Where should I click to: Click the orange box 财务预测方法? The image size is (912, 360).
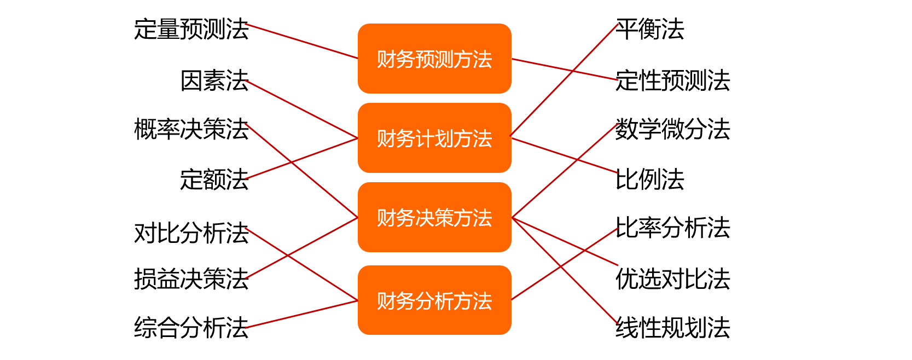tap(434, 59)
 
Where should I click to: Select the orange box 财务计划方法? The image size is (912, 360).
tap(434, 138)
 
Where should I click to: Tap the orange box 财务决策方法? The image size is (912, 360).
tap(434, 217)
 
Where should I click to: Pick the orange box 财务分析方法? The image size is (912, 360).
tap(434, 300)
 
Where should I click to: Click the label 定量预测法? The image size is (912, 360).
tap(191, 29)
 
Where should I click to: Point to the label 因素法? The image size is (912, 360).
tap(214, 80)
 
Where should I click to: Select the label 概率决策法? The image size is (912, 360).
tap(191, 129)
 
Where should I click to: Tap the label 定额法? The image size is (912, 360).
tap(214, 179)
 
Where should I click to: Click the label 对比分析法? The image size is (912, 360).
tap(191, 233)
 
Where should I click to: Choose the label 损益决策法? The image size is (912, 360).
tap(191, 278)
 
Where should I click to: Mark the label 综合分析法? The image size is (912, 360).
tap(191, 328)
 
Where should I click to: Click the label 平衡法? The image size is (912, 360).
tap(650, 29)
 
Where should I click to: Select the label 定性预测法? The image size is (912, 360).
tap(672, 80)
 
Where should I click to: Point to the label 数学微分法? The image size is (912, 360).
tap(672, 129)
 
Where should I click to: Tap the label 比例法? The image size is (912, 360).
tap(650, 179)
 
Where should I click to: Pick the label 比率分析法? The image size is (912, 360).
tap(672, 228)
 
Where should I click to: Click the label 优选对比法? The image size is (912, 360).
tap(672, 278)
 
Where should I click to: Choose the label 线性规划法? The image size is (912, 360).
tap(672, 328)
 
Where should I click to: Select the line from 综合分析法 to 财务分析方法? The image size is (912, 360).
tap(303, 314)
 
